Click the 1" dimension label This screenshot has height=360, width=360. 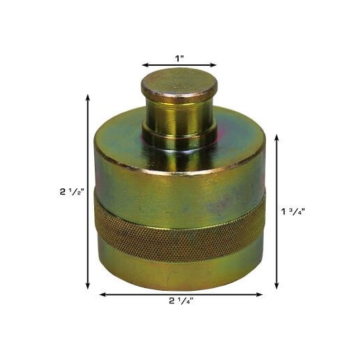[x=179, y=59]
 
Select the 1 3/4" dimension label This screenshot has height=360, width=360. [x=293, y=211]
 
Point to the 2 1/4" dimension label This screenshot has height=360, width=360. [x=181, y=301]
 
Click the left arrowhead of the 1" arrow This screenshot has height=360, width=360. [x=145, y=65]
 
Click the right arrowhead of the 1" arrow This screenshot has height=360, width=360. [x=213, y=65]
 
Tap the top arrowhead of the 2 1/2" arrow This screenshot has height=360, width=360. [x=88, y=98]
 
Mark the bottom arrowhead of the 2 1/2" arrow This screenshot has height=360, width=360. [x=88, y=286]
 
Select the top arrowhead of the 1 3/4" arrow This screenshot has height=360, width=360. [x=277, y=138]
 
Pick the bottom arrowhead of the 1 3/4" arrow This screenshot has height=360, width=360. [x=277, y=286]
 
